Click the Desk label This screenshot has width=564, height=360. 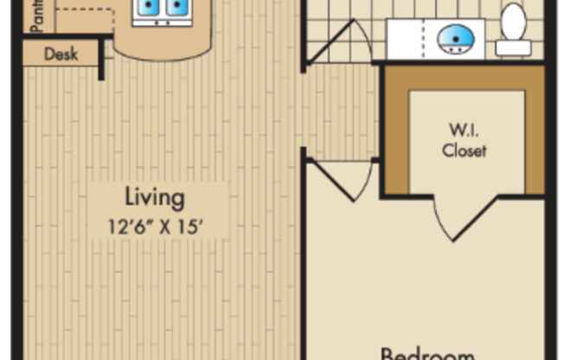pyautogui.click(x=61, y=55)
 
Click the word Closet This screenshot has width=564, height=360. pyautogui.click(x=465, y=151)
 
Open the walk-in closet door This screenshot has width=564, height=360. pyautogui.click(x=467, y=221)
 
